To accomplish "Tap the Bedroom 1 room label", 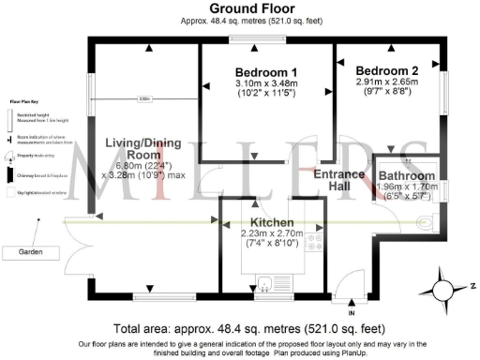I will (266, 72).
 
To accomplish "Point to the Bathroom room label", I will (406, 175).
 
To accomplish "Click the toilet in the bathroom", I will (427, 221).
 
